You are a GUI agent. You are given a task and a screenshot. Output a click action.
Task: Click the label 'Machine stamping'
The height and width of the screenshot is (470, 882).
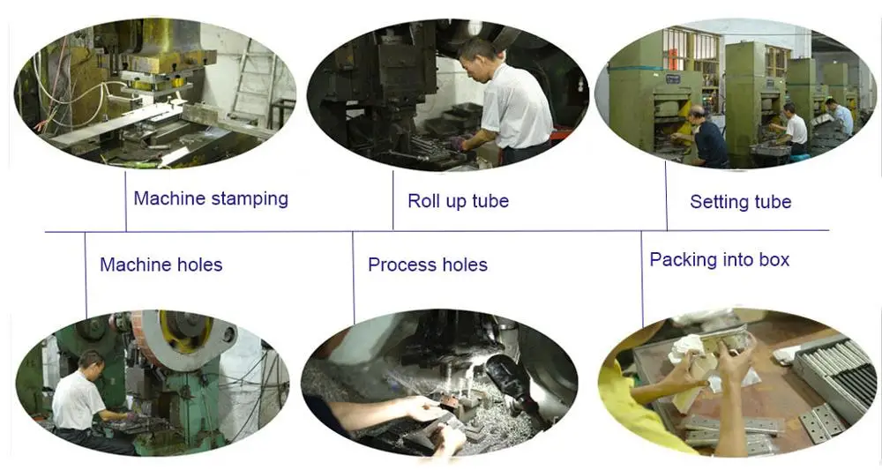tap(211, 199)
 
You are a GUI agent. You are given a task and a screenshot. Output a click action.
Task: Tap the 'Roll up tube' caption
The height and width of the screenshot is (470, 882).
tap(458, 201)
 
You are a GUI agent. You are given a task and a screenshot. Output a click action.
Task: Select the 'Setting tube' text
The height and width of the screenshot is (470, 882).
tap(740, 202)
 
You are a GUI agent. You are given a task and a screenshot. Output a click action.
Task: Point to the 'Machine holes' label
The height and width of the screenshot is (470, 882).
tap(161, 265)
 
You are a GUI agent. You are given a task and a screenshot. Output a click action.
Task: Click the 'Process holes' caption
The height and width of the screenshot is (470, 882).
tap(428, 265)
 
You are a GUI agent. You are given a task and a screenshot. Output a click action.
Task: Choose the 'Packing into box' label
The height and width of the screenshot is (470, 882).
tap(720, 260)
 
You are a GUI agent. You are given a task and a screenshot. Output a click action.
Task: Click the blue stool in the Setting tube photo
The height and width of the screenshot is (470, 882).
tap(799, 158)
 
